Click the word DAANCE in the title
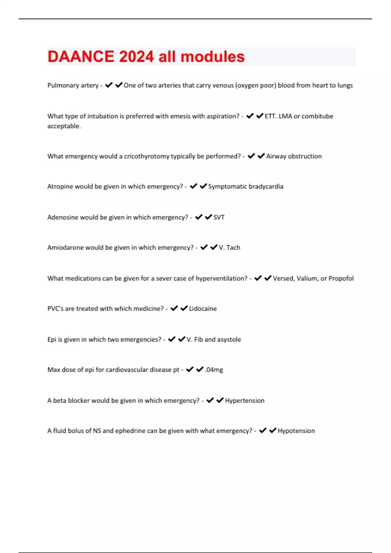[81, 57]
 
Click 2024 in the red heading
[136, 57]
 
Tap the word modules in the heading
[212, 57]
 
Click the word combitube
[317, 116]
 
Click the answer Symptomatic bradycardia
[246, 186]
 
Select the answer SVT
[219, 217]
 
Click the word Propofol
[341, 278]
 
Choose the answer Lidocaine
[203, 309]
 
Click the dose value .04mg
[214, 370]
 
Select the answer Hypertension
[245, 400]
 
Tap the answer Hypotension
[296, 431]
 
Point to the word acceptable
[64, 126]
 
